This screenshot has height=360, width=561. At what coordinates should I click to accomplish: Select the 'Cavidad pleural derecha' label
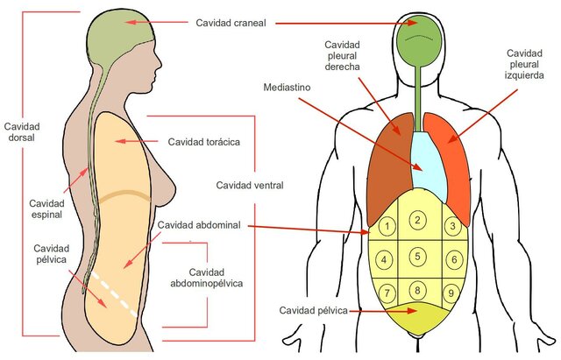pyautogui.click(x=344, y=57)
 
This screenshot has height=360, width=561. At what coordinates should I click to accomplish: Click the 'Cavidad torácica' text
pyautogui.click(x=203, y=140)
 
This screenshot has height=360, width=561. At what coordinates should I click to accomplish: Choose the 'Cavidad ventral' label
pyautogui.click(x=255, y=185)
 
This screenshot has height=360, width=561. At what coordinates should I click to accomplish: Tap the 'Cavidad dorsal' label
pyautogui.click(x=21, y=132)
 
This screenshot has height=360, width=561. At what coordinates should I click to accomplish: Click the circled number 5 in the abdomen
pyautogui.click(x=418, y=257)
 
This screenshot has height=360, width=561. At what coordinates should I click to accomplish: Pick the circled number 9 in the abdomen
pyautogui.click(x=452, y=292)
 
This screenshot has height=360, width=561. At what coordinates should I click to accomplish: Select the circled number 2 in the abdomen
pyautogui.click(x=418, y=220)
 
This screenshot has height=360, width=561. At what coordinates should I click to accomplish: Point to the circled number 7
pyautogui.click(x=386, y=292)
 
